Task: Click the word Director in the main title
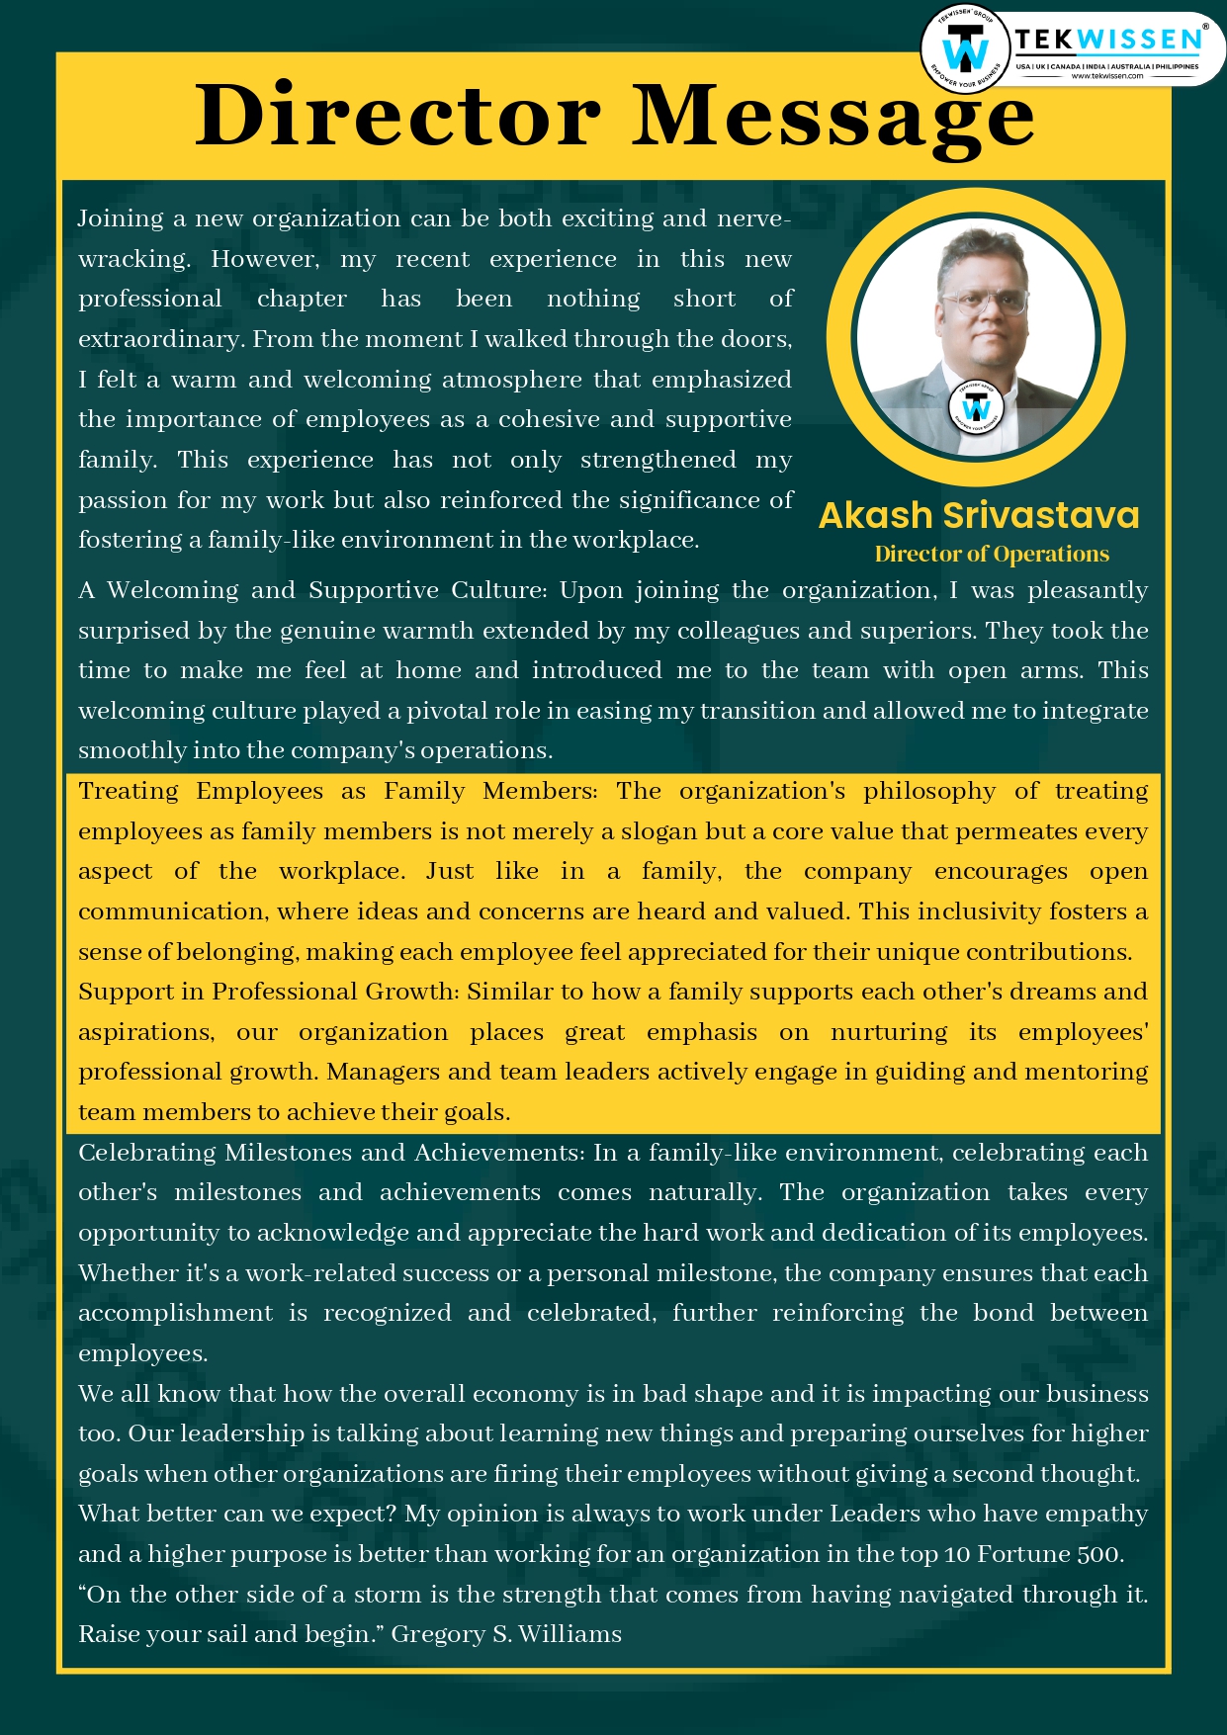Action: tap(397, 116)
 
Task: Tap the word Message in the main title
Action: tap(833, 116)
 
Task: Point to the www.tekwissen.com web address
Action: tap(1106, 76)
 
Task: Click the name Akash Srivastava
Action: tap(979, 515)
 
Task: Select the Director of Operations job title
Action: tap(992, 554)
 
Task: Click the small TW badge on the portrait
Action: tap(976, 407)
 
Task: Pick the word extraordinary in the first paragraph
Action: tap(161, 339)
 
